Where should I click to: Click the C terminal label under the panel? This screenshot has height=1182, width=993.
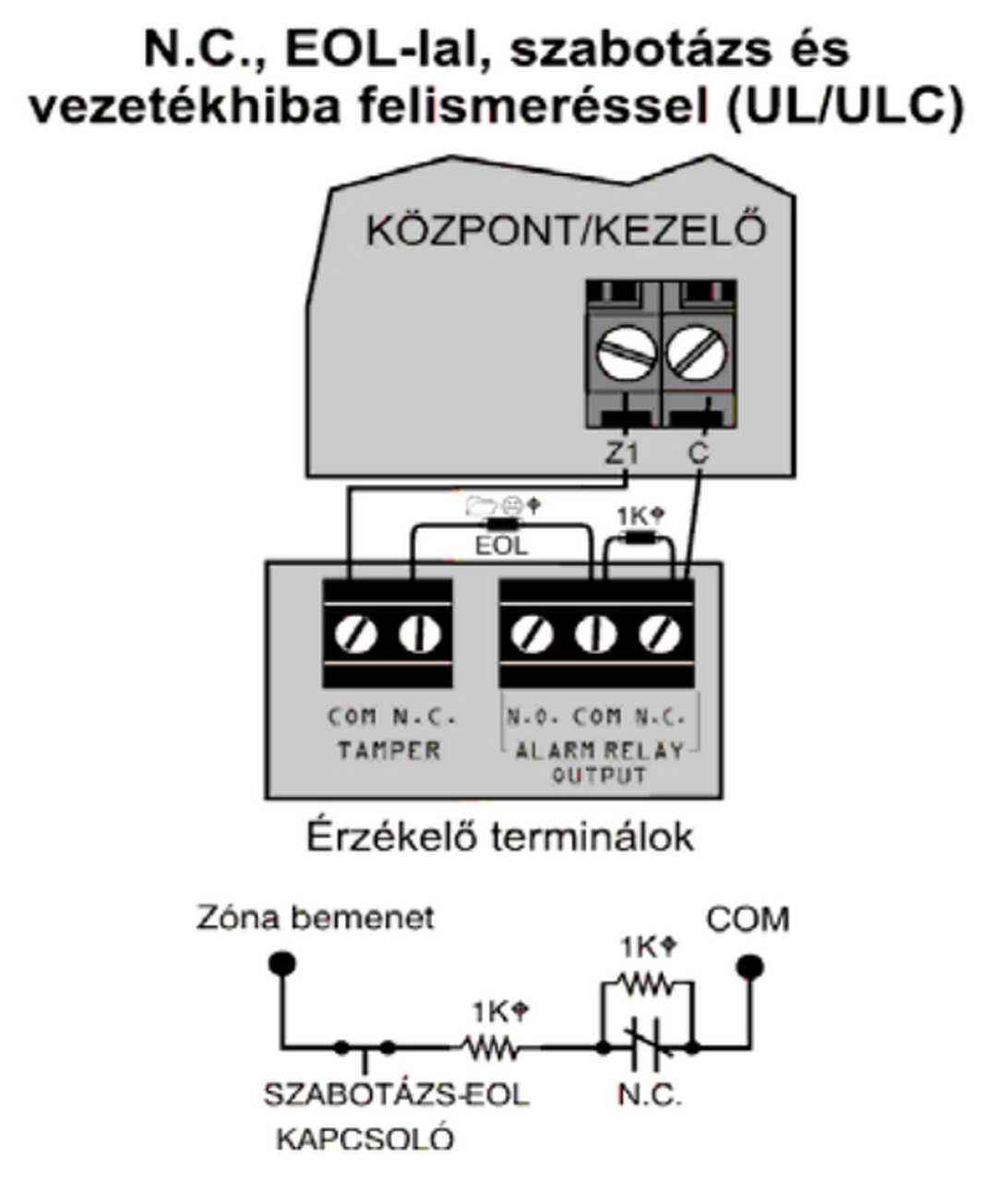(x=699, y=453)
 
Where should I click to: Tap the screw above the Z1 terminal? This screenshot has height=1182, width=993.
(x=627, y=354)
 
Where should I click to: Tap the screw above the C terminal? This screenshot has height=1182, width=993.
(x=699, y=354)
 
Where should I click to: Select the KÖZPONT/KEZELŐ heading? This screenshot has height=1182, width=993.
(x=567, y=231)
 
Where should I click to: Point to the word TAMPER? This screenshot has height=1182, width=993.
(x=389, y=750)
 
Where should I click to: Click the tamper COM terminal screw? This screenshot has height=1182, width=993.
(x=355, y=634)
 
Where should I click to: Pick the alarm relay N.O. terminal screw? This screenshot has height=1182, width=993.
(x=532, y=634)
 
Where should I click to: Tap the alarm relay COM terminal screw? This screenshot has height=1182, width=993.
(x=596, y=634)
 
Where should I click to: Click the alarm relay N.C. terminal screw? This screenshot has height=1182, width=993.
(x=661, y=634)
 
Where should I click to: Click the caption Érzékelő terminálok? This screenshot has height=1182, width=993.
(x=499, y=838)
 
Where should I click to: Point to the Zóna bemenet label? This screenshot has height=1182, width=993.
(x=315, y=919)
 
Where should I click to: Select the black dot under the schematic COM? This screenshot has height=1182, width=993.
(x=749, y=967)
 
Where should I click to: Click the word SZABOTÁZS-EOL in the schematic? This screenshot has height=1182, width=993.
(x=397, y=1095)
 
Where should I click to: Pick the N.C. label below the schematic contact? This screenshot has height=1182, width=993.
(x=650, y=1095)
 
